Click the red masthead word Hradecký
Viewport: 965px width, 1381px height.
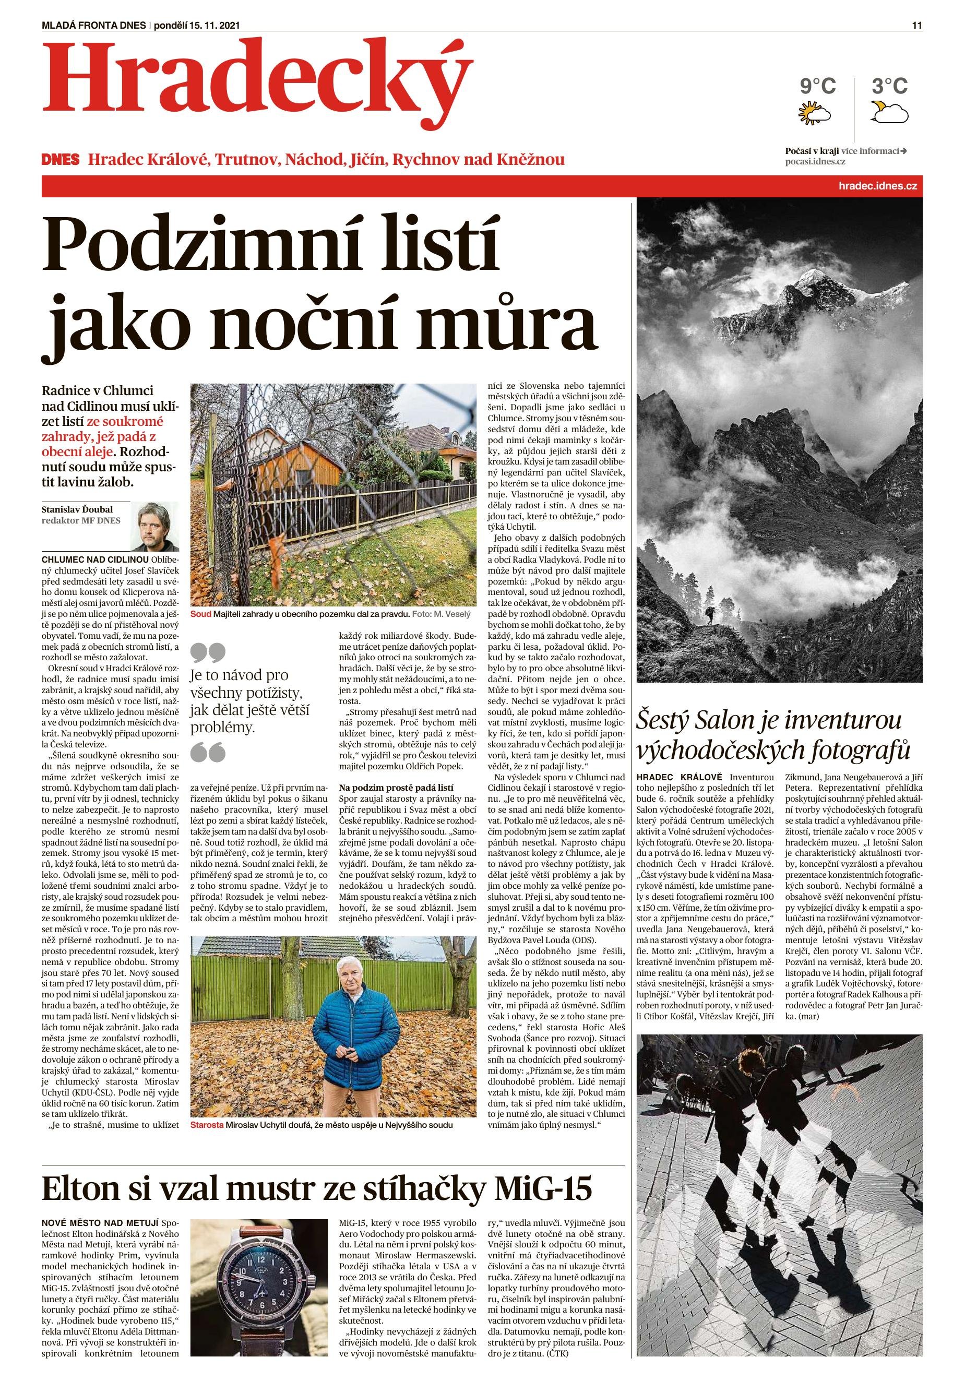tap(256, 81)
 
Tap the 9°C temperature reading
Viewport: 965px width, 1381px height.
tap(817, 86)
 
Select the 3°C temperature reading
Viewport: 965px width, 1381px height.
tap(889, 86)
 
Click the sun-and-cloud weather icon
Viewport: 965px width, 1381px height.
tap(814, 113)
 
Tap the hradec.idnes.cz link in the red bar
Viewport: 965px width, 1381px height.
tap(877, 186)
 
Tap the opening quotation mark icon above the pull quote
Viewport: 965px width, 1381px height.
tap(208, 651)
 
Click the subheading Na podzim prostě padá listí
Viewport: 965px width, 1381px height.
tap(396, 787)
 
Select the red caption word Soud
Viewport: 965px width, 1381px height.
tap(200, 614)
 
